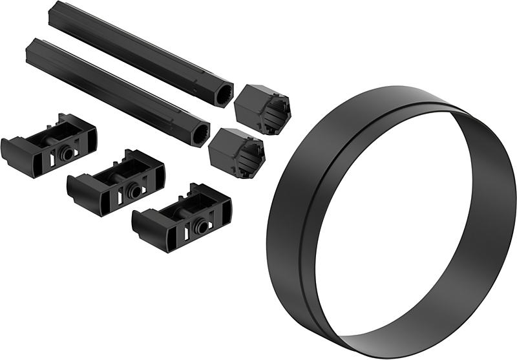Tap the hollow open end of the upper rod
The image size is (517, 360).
(223, 92)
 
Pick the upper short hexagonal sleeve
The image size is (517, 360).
(262, 109)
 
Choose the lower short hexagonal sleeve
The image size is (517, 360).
(237, 152)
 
